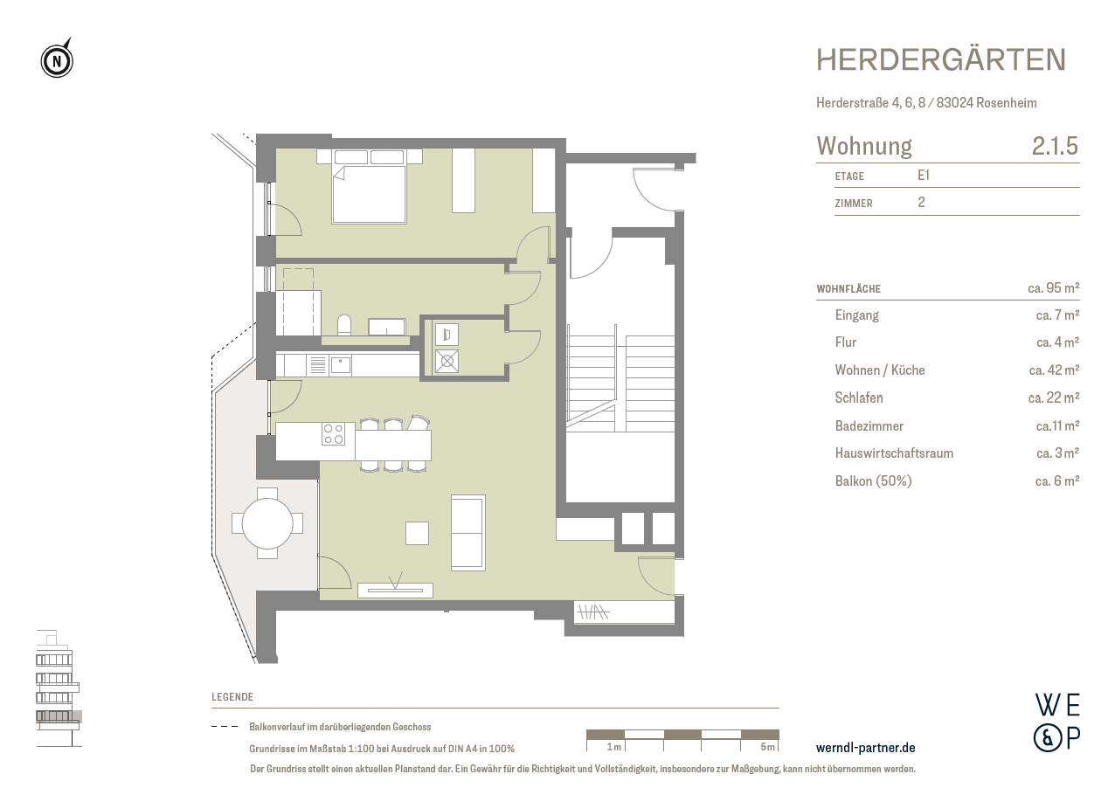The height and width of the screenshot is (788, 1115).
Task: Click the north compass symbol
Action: [57, 60]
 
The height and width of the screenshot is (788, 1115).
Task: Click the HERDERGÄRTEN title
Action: [940, 60]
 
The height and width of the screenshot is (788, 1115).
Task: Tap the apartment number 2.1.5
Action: [1055, 146]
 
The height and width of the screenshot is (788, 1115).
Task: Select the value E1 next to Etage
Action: [923, 175]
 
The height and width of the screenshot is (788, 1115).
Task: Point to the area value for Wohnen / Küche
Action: [1055, 370]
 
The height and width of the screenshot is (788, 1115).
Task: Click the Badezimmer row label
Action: [869, 426]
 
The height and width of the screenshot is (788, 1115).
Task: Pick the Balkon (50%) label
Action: [873, 480]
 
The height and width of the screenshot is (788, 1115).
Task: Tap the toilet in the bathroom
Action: [343, 325]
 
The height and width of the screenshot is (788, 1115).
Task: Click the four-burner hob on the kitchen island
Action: [333, 433]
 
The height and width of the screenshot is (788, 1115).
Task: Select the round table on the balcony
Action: [267, 523]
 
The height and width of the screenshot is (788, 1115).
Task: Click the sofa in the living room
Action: [467, 532]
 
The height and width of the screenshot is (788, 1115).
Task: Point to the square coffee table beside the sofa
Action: [418, 532]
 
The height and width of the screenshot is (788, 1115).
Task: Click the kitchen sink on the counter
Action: [340, 364]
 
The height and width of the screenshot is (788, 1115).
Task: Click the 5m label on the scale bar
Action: [767, 747]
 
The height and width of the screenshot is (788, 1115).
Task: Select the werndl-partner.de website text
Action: [865, 748]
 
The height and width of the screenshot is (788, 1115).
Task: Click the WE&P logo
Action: [1056, 722]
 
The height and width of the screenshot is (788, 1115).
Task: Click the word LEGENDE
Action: [232, 697]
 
